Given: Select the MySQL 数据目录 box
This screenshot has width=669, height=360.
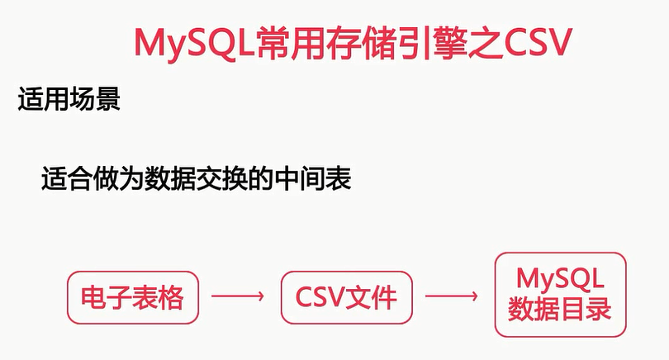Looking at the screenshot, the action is pos(561,295).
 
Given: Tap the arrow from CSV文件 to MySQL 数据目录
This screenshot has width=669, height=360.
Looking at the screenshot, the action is pos(451,296).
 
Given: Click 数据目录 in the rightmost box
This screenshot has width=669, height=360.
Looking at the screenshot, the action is pos(561,310).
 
